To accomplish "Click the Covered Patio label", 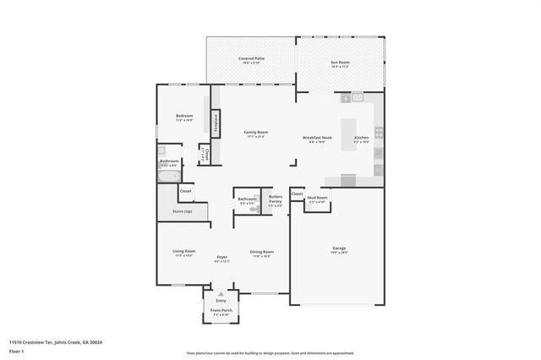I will coord(250,58).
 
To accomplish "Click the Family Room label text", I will coord(255,133).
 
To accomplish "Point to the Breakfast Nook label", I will coord(317,138).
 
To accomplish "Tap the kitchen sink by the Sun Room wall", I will coord(357,97).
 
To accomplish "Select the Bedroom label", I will coord(184,116).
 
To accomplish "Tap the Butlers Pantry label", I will coord(276,199).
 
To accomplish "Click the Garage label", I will coord(338,248).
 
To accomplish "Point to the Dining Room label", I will coord(261,252).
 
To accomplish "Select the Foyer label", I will coord(221,258).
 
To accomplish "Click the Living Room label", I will coord(184,252).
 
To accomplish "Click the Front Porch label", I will coord(221,311).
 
